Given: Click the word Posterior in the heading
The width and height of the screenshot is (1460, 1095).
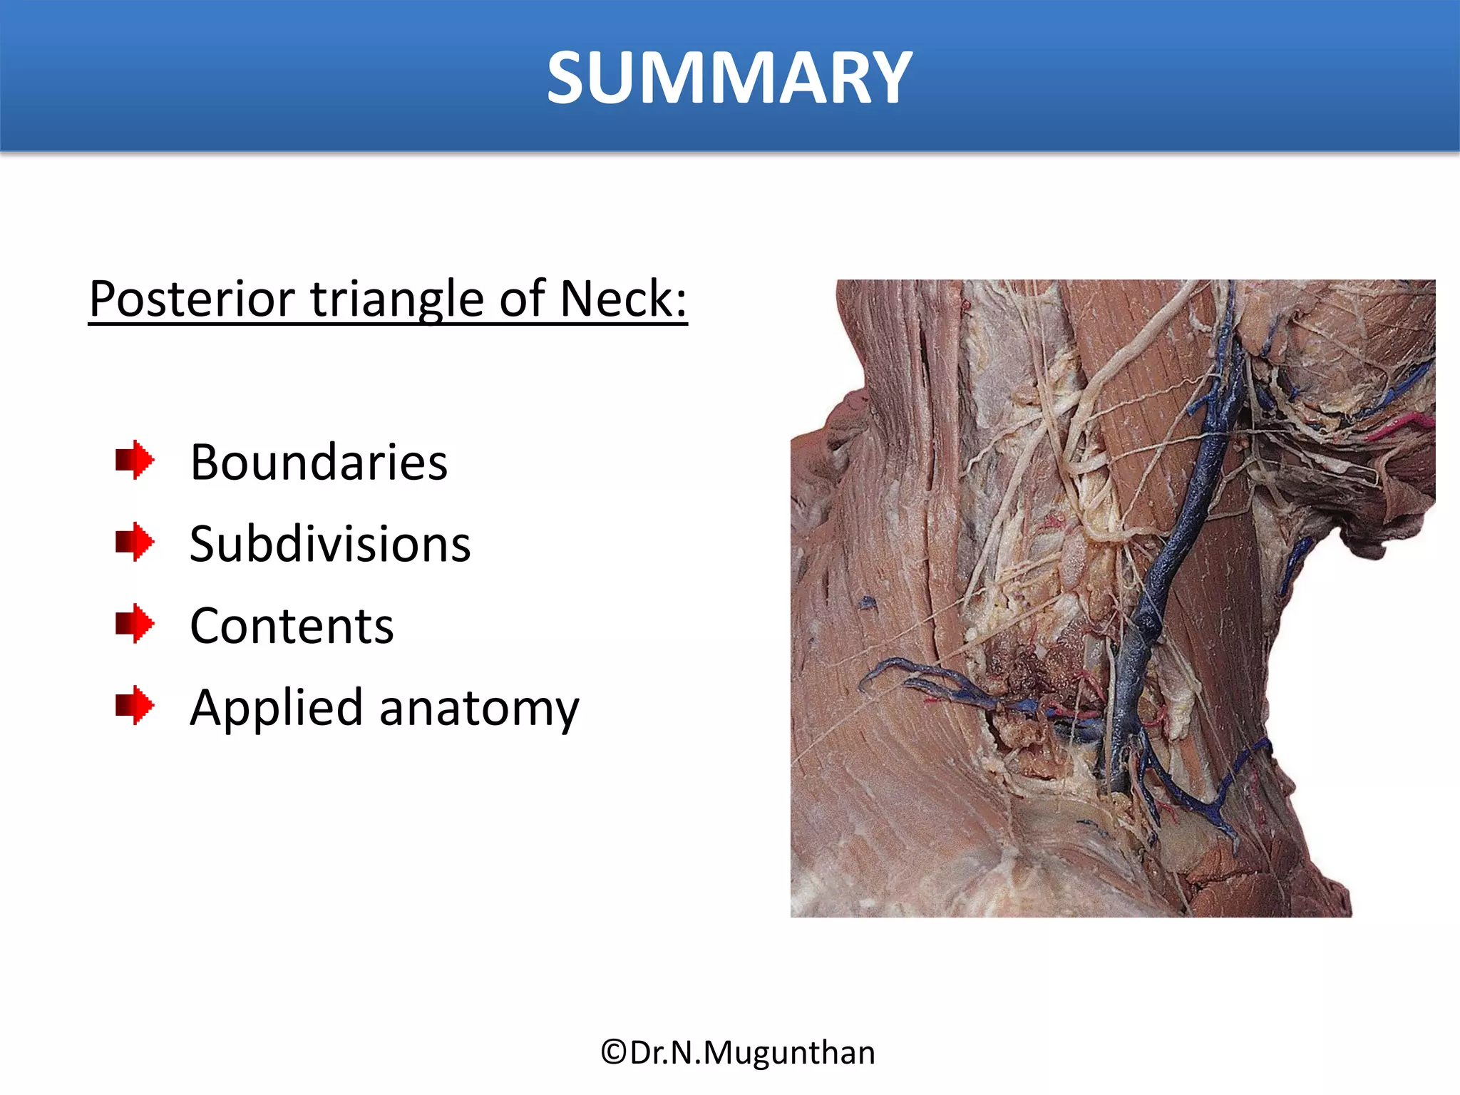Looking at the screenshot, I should point(192,299).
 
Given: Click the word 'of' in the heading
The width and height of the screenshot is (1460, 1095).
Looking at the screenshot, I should point(521,299).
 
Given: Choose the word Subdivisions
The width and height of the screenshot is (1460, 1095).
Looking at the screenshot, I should point(330,544).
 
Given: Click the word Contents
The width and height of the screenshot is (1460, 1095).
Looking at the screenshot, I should point(292,626).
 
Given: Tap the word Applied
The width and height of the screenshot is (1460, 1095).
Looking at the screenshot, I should point(277,708).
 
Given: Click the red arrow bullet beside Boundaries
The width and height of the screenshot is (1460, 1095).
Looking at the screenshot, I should point(134,460).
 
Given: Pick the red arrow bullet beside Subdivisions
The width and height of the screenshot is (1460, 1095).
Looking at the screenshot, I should point(134,542).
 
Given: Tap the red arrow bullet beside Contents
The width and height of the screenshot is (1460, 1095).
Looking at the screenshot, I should point(134,624).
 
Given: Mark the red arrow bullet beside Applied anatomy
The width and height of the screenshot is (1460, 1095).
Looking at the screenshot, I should point(134,706).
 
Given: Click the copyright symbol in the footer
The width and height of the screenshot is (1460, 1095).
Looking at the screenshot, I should point(613,1052).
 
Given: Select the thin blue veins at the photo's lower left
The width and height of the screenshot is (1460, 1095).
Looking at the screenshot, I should point(927,681).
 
